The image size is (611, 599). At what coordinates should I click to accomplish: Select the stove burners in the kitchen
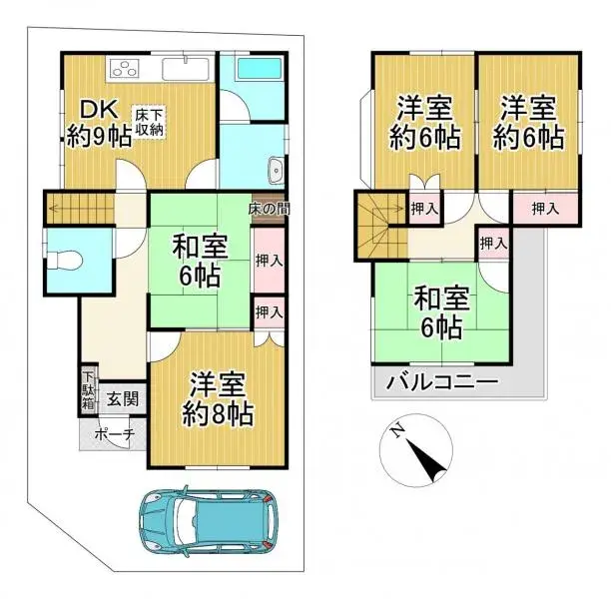pyautogui.click(x=128, y=70)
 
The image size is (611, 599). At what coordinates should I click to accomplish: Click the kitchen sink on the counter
pyautogui.click(x=184, y=69)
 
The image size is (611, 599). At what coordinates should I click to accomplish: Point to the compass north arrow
pyautogui.click(x=432, y=461)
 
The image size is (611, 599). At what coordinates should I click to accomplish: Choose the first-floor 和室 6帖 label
pyautogui.click(x=199, y=262)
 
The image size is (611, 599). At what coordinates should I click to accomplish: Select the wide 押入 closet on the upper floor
pyautogui.click(x=544, y=209)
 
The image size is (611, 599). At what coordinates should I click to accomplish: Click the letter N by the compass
pyautogui.click(x=397, y=431)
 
